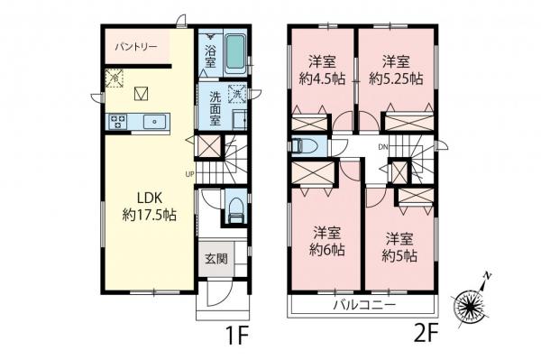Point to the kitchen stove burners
pos(118,120)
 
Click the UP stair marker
pos(189,174)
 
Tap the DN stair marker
pos(381,146)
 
